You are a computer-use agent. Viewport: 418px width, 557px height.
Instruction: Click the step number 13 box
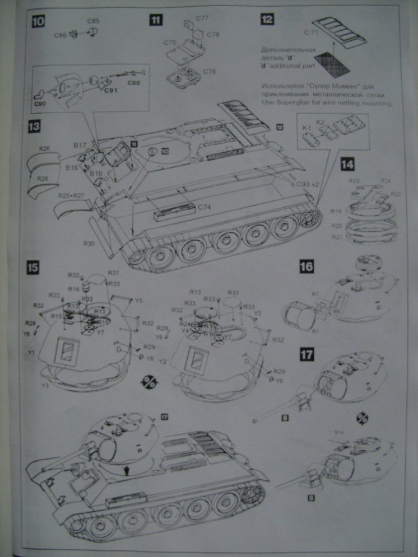[34, 127]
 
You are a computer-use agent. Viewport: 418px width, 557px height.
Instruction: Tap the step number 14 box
[347, 164]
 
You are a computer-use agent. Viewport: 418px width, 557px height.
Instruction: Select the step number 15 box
[33, 268]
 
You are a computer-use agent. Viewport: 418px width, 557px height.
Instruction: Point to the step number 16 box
[306, 266]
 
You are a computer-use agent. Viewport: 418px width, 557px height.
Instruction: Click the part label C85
[94, 21]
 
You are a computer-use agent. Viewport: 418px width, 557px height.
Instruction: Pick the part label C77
[203, 18]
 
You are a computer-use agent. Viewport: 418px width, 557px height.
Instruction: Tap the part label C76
[210, 72]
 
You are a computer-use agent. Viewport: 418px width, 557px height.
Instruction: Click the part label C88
[133, 83]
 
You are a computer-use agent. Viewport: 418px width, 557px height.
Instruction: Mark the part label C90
[40, 104]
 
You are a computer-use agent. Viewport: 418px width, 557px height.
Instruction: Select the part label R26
[45, 148]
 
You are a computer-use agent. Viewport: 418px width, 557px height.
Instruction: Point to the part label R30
[89, 244]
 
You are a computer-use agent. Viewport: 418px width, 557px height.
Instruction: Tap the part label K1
[306, 129]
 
